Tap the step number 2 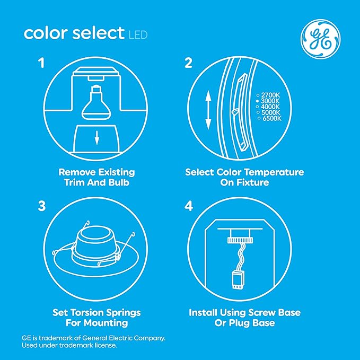pos(187,64)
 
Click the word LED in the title pos(137,36)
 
